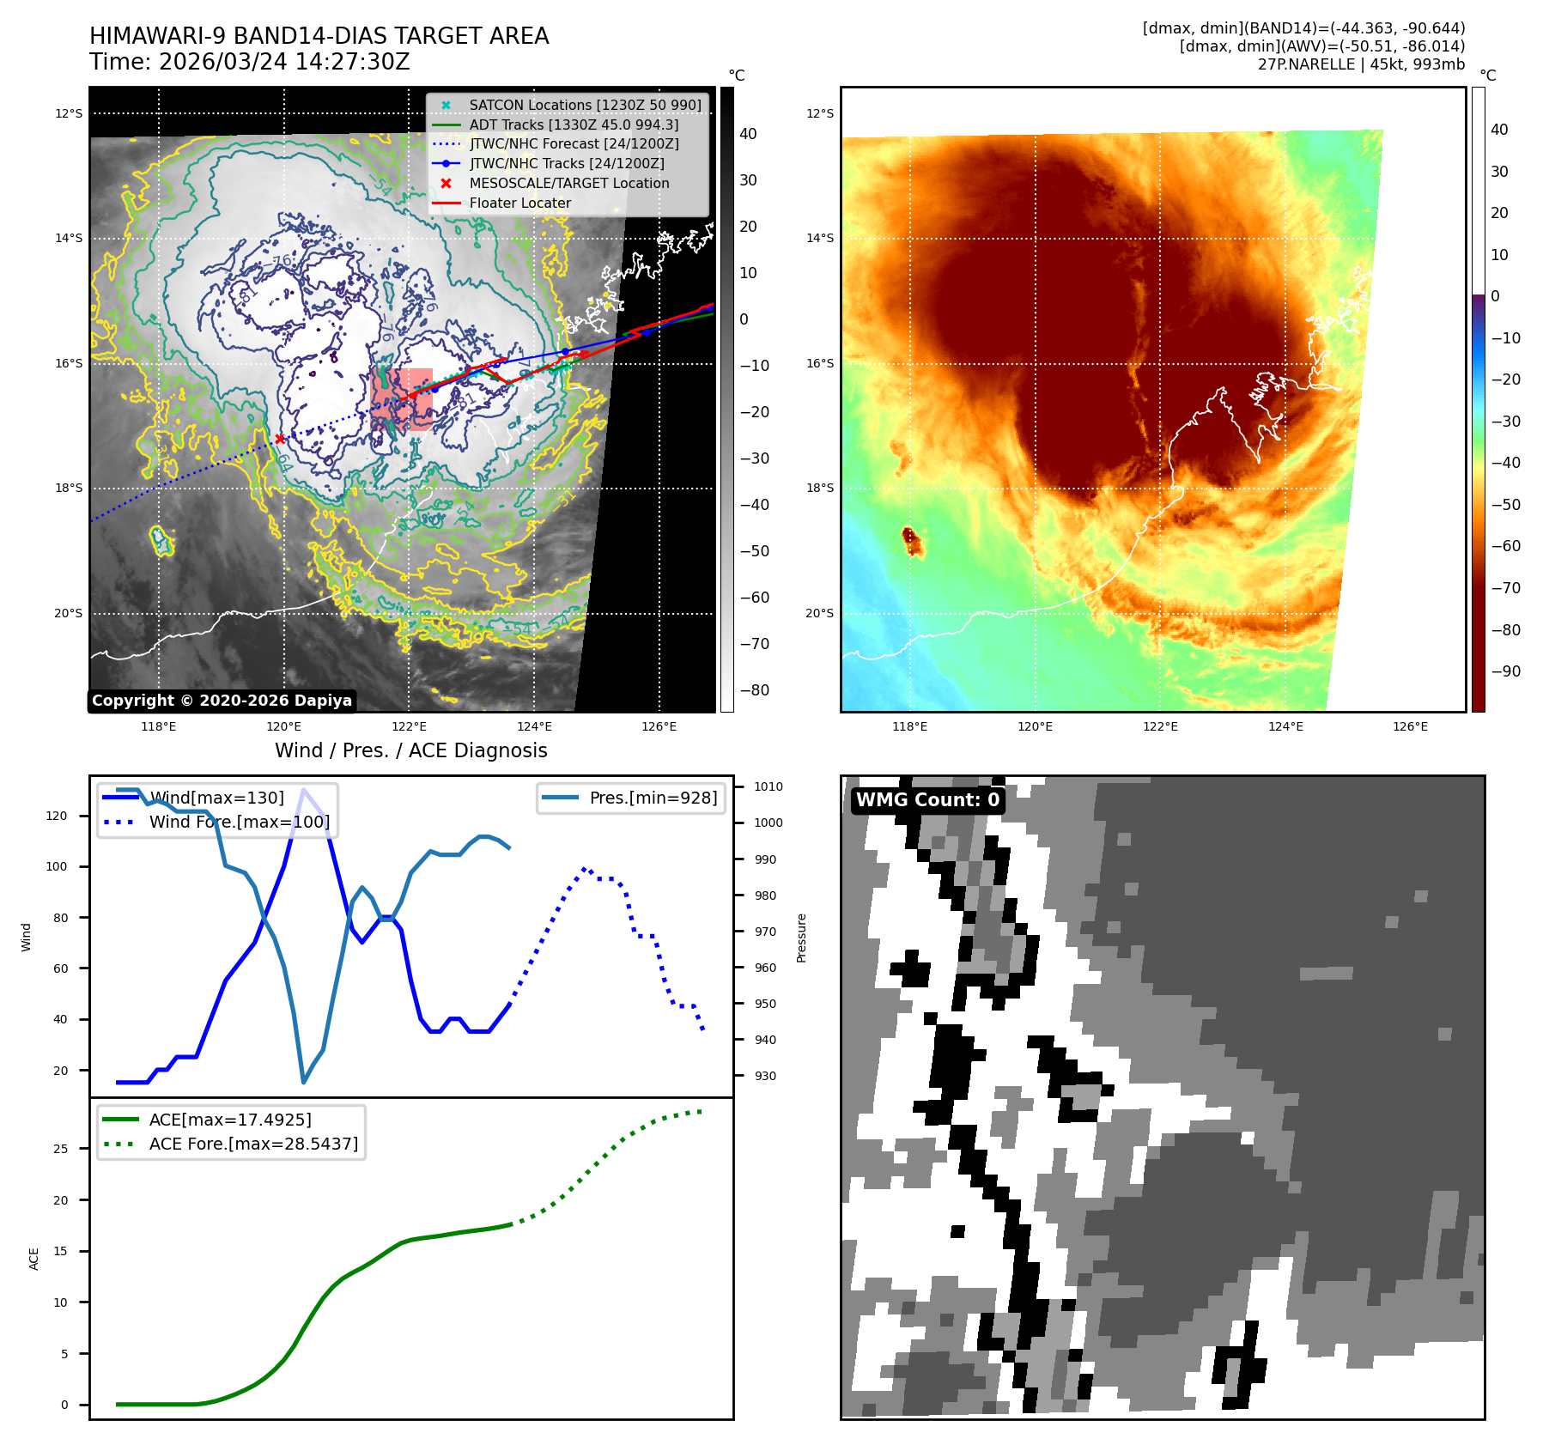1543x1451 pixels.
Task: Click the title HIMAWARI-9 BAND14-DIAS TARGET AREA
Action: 319,36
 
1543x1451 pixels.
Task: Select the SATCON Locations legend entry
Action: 585,105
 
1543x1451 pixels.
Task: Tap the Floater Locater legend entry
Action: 519,203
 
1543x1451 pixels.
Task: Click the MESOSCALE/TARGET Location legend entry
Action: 568,184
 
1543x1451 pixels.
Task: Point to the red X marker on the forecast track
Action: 280,440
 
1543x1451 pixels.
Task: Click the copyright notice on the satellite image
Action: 222,701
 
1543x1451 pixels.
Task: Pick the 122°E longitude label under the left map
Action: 409,727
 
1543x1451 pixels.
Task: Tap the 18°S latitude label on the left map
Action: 69,489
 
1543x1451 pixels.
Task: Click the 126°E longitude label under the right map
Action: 1410,727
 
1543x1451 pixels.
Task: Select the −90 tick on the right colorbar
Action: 1505,671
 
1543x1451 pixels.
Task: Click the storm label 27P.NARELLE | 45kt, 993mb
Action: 1361,64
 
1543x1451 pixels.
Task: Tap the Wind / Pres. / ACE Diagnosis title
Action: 410,750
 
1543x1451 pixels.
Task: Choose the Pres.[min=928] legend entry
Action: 653,798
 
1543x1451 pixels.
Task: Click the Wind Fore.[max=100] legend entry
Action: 239,823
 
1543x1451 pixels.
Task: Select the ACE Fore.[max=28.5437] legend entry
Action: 253,1144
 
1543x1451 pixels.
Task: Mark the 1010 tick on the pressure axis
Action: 768,786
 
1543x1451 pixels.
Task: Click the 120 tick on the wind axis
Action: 57,816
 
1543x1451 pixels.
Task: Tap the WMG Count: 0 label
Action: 927,800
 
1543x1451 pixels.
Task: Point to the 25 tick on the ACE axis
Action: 61,1149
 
